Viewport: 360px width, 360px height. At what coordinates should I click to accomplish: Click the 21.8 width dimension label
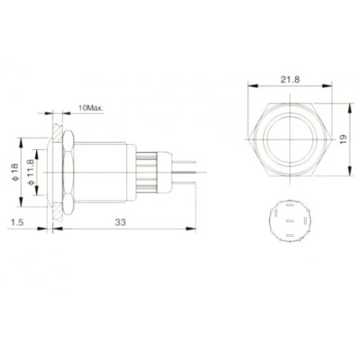[x=290, y=79]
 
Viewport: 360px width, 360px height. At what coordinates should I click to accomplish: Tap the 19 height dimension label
[x=343, y=140]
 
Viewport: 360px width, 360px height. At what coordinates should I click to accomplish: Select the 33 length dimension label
[x=120, y=222]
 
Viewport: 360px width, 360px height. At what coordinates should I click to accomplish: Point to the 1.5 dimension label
[x=17, y=222]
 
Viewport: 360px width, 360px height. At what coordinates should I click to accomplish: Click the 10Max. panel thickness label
[x=91, y=108]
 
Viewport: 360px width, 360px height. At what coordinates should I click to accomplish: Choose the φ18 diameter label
[x=15, y=172]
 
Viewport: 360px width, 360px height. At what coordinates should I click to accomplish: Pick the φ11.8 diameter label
[x=31, y=172]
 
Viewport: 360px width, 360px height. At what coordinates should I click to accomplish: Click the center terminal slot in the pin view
[x=290, y=220]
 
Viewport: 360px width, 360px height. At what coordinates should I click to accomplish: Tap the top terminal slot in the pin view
[x=290, y=205]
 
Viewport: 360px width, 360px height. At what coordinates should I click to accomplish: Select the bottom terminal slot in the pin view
[x=290, y=235]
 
